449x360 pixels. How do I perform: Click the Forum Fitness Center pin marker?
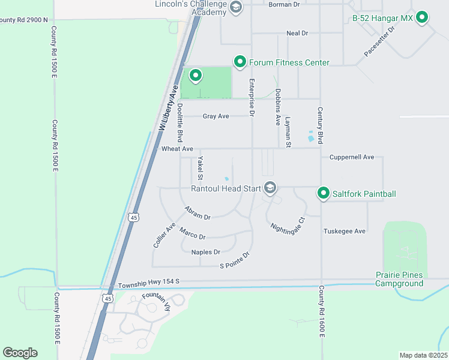pos(240,62)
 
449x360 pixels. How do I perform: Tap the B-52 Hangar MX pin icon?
pos(422,18)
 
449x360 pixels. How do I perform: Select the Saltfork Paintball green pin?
pos(324,193)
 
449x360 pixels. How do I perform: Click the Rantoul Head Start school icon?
pos(270,188)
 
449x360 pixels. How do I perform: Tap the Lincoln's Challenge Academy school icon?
pos(235,7)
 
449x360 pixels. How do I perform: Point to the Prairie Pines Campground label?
pos(399,279)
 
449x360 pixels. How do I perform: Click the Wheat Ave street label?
pos(177,149)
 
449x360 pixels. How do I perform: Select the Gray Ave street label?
pos(216,116)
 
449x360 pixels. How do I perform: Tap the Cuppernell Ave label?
pos(352,157)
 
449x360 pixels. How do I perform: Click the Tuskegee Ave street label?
pos(344,231)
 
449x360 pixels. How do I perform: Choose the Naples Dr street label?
pos(206,252)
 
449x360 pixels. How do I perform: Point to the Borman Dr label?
pos(284,5)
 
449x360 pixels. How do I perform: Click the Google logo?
pos(20,352)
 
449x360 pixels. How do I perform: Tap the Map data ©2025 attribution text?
pos(423,355)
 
